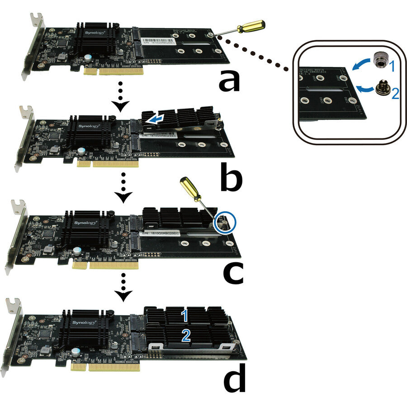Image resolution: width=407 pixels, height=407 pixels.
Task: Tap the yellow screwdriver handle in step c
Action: (189, 187)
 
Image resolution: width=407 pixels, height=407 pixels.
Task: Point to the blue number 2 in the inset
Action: (394, 94)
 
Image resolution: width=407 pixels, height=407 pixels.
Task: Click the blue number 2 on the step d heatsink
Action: (185, 335)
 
